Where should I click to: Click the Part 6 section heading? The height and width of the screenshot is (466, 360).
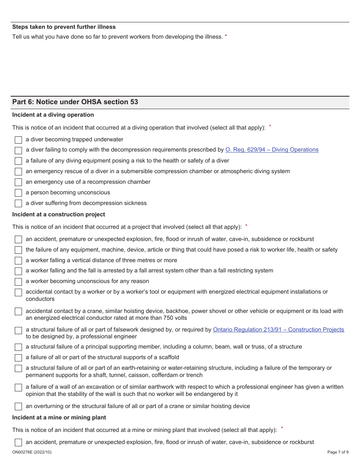coord(75,102)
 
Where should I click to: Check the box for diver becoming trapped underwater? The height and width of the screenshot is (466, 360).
coord(18,140)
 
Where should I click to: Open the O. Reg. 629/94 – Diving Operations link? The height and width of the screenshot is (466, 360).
coord(272,150)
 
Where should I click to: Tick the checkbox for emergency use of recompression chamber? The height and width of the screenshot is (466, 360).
coord(18,182)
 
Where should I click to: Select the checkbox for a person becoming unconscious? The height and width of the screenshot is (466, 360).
coord(18,193)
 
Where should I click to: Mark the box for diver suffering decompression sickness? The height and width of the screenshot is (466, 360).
coord(18,203)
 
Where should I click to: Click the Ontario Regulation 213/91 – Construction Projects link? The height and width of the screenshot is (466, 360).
coord(278,330)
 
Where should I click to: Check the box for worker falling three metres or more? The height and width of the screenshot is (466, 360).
coord(18,261)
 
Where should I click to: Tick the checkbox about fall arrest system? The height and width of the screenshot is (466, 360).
coord(18,271)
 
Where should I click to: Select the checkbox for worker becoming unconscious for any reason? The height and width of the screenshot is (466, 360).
coord(18,282)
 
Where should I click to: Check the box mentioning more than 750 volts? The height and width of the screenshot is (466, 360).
coord(18,311)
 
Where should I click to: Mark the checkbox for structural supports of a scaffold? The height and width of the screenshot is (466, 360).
coord(18,358)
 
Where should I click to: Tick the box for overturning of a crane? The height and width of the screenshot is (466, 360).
coord(18,407)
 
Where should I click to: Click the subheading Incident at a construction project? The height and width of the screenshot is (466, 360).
coord(59,214)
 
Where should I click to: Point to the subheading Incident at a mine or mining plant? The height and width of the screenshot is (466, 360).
coord(59,418)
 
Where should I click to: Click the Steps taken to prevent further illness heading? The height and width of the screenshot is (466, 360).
coord(64,27)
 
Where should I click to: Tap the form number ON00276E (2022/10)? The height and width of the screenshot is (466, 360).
coord(32,452)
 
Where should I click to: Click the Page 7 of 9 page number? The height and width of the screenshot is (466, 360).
coord(338,452)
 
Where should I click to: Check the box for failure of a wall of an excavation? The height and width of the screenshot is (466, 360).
coord(18,388)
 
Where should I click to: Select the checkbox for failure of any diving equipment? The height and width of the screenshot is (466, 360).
coord(18,161)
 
